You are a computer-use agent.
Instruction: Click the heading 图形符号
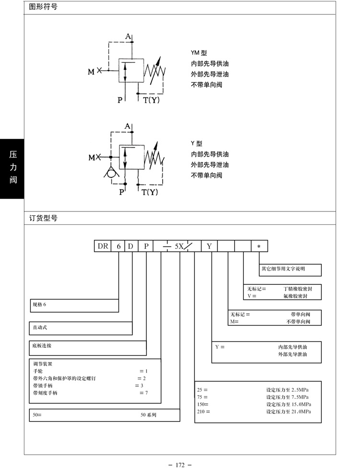[x=43, y=8]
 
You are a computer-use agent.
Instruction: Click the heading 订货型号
[x=43, y=218]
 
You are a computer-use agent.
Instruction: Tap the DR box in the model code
[x=103, y=246]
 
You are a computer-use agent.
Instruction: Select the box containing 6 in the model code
[x=118, y=246]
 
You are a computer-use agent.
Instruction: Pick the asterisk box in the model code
[x=259, y=246]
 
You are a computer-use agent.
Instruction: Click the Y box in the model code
[x=209, y=246]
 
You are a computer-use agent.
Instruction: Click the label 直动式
[x=40, y=328]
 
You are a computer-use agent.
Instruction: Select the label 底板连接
[x=42, y=346]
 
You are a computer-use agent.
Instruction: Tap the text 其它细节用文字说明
[x=283, y=269]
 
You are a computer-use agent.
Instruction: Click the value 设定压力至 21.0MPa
[x=288, y=411]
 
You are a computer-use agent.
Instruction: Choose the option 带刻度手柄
[x=45, y=393]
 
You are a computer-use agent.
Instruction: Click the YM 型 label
[x=198, y=53]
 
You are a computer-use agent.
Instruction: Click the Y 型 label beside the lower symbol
[x=196, y=143]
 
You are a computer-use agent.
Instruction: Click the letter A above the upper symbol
[x=128, y=36]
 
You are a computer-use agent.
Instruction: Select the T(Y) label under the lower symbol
[x=149, y=193]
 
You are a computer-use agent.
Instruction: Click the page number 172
[x=180, y=465]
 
